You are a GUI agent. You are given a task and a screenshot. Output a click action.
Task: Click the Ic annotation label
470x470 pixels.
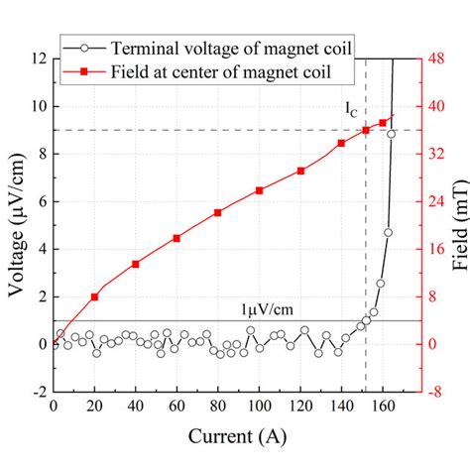(x=353, y=112)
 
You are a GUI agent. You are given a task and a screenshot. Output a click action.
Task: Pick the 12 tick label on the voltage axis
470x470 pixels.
(x=36, y=59)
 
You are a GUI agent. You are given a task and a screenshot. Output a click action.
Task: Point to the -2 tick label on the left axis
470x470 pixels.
(x=36, y=392)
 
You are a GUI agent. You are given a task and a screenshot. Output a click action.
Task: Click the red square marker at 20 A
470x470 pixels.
(x=94, y=296)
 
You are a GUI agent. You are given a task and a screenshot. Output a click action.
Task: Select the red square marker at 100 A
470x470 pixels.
(x=260, y=190)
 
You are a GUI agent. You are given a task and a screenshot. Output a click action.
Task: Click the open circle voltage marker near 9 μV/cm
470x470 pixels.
(x=392, y=133)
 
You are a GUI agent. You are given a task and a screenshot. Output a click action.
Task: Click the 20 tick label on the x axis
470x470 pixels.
(x=94, y=407)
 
